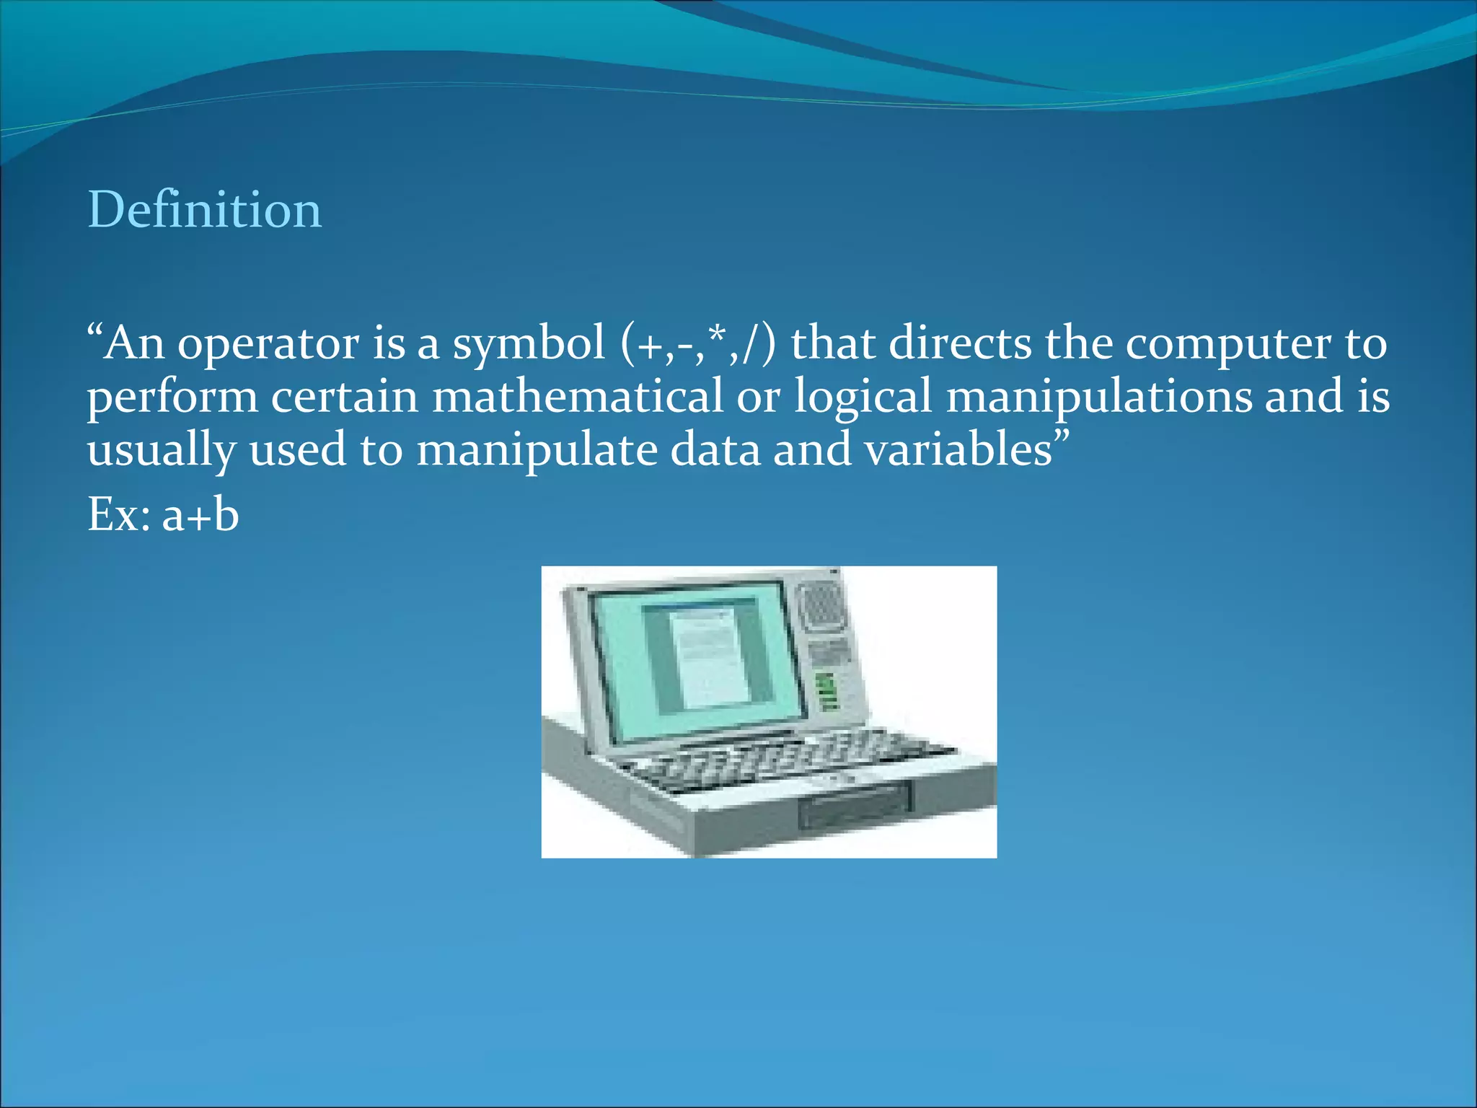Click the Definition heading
click(204, 210)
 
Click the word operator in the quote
click(268, 344)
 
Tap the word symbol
click(528, 344)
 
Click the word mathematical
click(576, 397)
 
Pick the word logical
click(863, 398)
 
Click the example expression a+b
click(200, 515)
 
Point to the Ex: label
click(119, 515)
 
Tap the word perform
click(172, 398)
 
